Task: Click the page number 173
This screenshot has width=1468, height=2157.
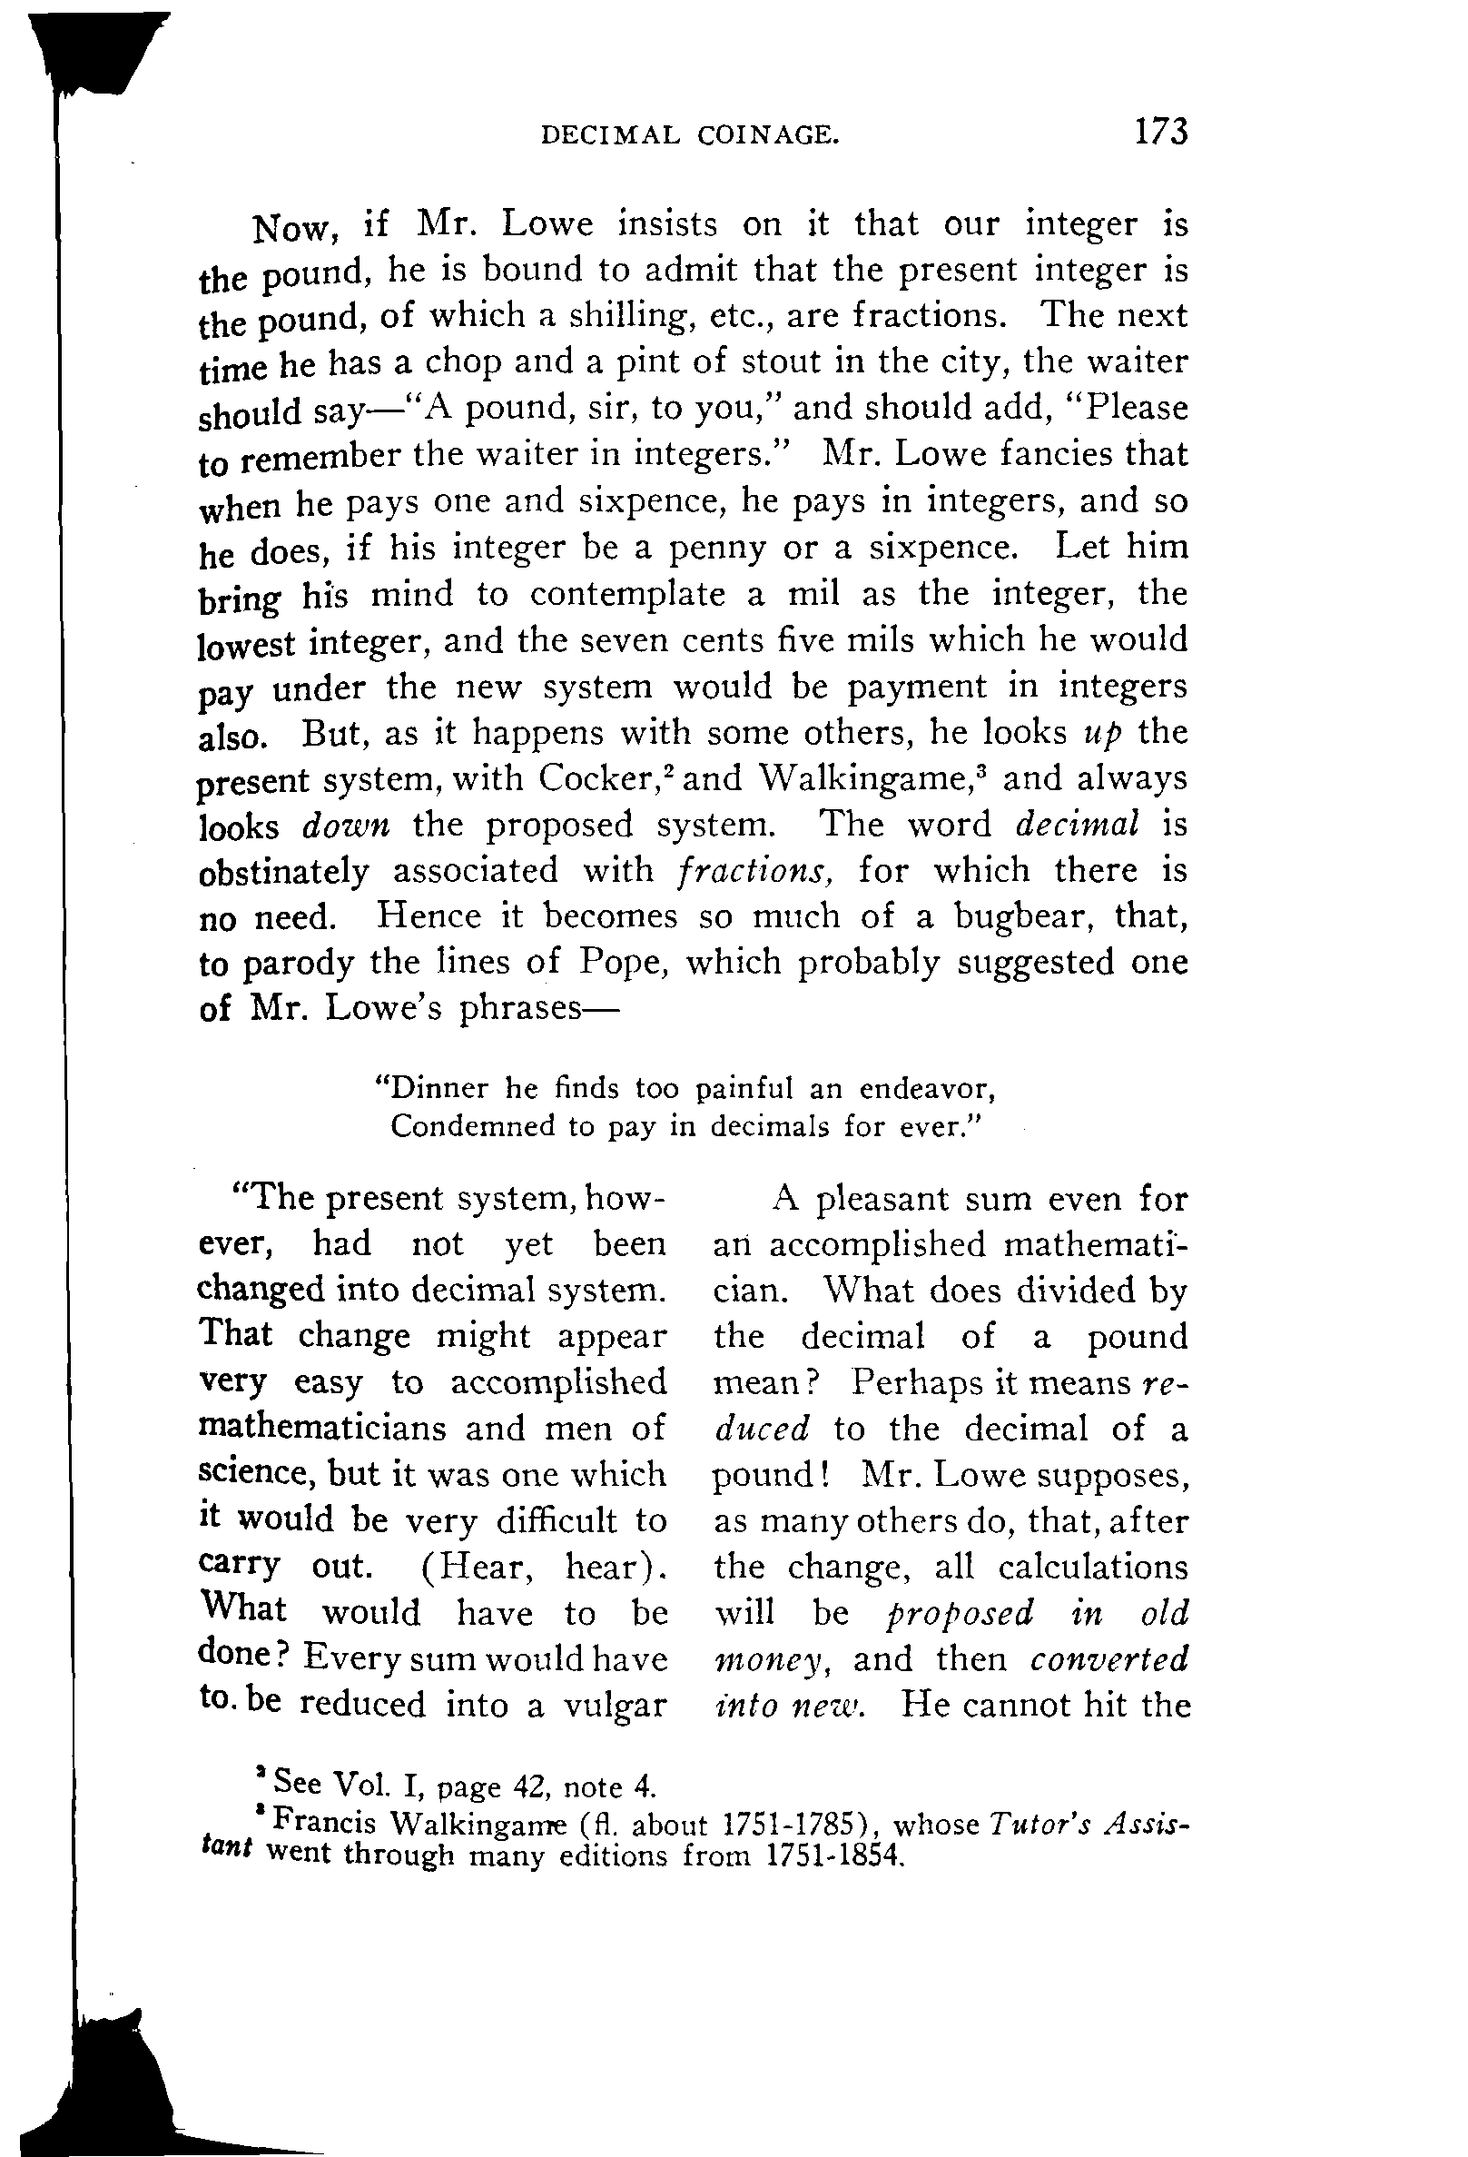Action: pos(1159,132)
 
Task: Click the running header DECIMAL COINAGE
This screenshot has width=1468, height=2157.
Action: pos(690,136)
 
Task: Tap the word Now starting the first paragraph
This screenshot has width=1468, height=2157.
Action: pos(288,226)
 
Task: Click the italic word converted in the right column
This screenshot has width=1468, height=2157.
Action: pos(1108,1658)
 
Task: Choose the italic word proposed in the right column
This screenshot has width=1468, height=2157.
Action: pos(960,1613)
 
